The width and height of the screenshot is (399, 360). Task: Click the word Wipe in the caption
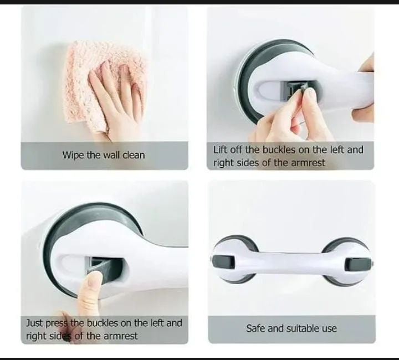(73, 155)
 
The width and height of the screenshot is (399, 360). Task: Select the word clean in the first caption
(134, 155)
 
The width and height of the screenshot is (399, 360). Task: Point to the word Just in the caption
(34, 322)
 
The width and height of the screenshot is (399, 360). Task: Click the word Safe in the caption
(256, 328)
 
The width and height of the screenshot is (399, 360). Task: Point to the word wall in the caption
(110, 155)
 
